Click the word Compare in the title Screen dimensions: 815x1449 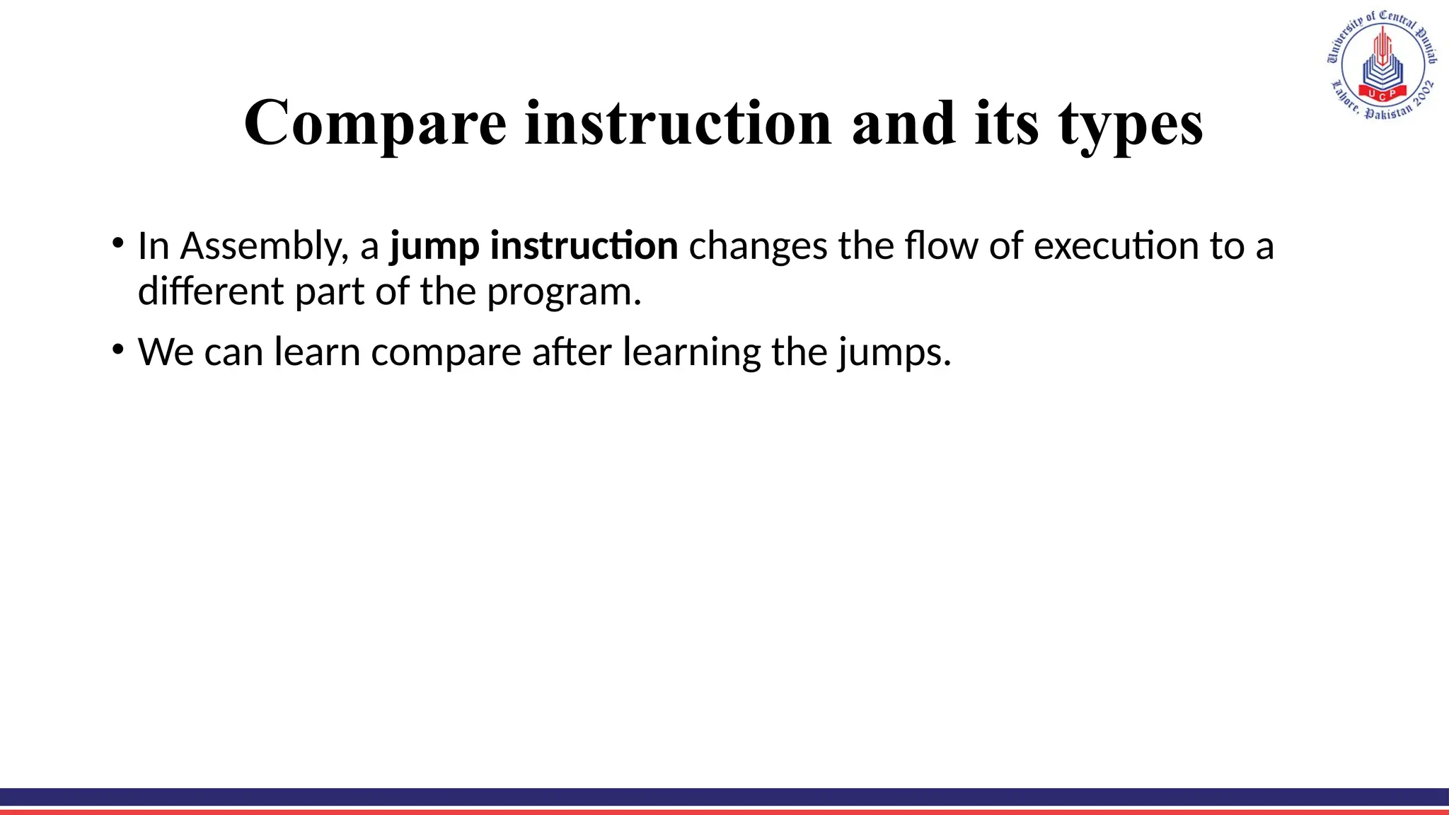375,124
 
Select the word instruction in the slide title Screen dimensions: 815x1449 679,124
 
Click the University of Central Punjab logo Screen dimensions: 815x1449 1382,65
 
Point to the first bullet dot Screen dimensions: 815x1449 118,242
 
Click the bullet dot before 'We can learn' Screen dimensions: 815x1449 118,348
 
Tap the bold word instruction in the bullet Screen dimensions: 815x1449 584,246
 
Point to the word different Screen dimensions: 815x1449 210,291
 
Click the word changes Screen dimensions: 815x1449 758,246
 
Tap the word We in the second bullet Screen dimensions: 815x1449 166,352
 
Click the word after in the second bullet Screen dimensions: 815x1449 572,352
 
